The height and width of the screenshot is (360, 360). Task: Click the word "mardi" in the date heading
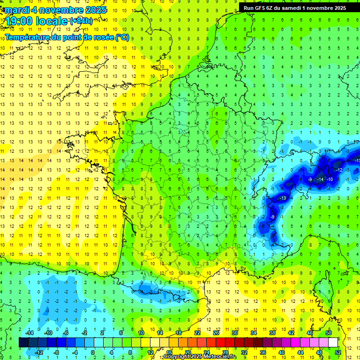click(15, 9)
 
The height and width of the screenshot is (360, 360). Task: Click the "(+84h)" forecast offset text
click(81, 21)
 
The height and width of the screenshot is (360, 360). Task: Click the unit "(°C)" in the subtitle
click(121, 37)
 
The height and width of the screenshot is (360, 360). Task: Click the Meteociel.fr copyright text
click(200, 357)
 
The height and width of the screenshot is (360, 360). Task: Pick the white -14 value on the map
click(321, 180)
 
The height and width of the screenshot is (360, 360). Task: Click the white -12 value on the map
click(339, 170)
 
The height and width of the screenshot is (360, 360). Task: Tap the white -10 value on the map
click(330, 180)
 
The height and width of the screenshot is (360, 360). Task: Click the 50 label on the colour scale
click(329, 332)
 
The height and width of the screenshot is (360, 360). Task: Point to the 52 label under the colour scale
click(338, 352)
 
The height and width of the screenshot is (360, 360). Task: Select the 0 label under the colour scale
click(92, 352)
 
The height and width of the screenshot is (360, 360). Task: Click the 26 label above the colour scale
click(216, 332)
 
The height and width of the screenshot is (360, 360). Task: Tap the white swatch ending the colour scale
click(333, 342)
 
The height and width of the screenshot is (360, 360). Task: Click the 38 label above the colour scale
click(272, 332)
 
